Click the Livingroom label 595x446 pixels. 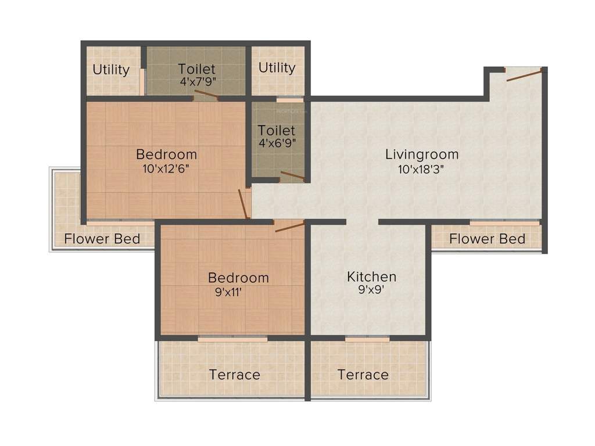[422, 154]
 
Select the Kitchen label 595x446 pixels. [372, 276]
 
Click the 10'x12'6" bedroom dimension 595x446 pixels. [166, 169]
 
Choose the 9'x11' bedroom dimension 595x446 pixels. [228, 292]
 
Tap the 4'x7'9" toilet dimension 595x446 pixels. [197, 82]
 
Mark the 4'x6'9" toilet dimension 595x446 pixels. [277, 142]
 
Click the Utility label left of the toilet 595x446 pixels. [111, 70]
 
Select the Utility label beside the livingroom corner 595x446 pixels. [277, 68]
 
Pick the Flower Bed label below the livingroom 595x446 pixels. [488, 239]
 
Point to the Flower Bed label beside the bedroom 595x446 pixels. [102, 239]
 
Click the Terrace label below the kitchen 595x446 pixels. [363, 375]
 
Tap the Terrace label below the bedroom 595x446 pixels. [235, 375]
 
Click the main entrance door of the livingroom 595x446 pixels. [524, 74]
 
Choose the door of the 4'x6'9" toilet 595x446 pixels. [292, 175]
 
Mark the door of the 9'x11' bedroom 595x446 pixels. [289, 226]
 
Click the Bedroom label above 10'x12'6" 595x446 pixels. [166, 154]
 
